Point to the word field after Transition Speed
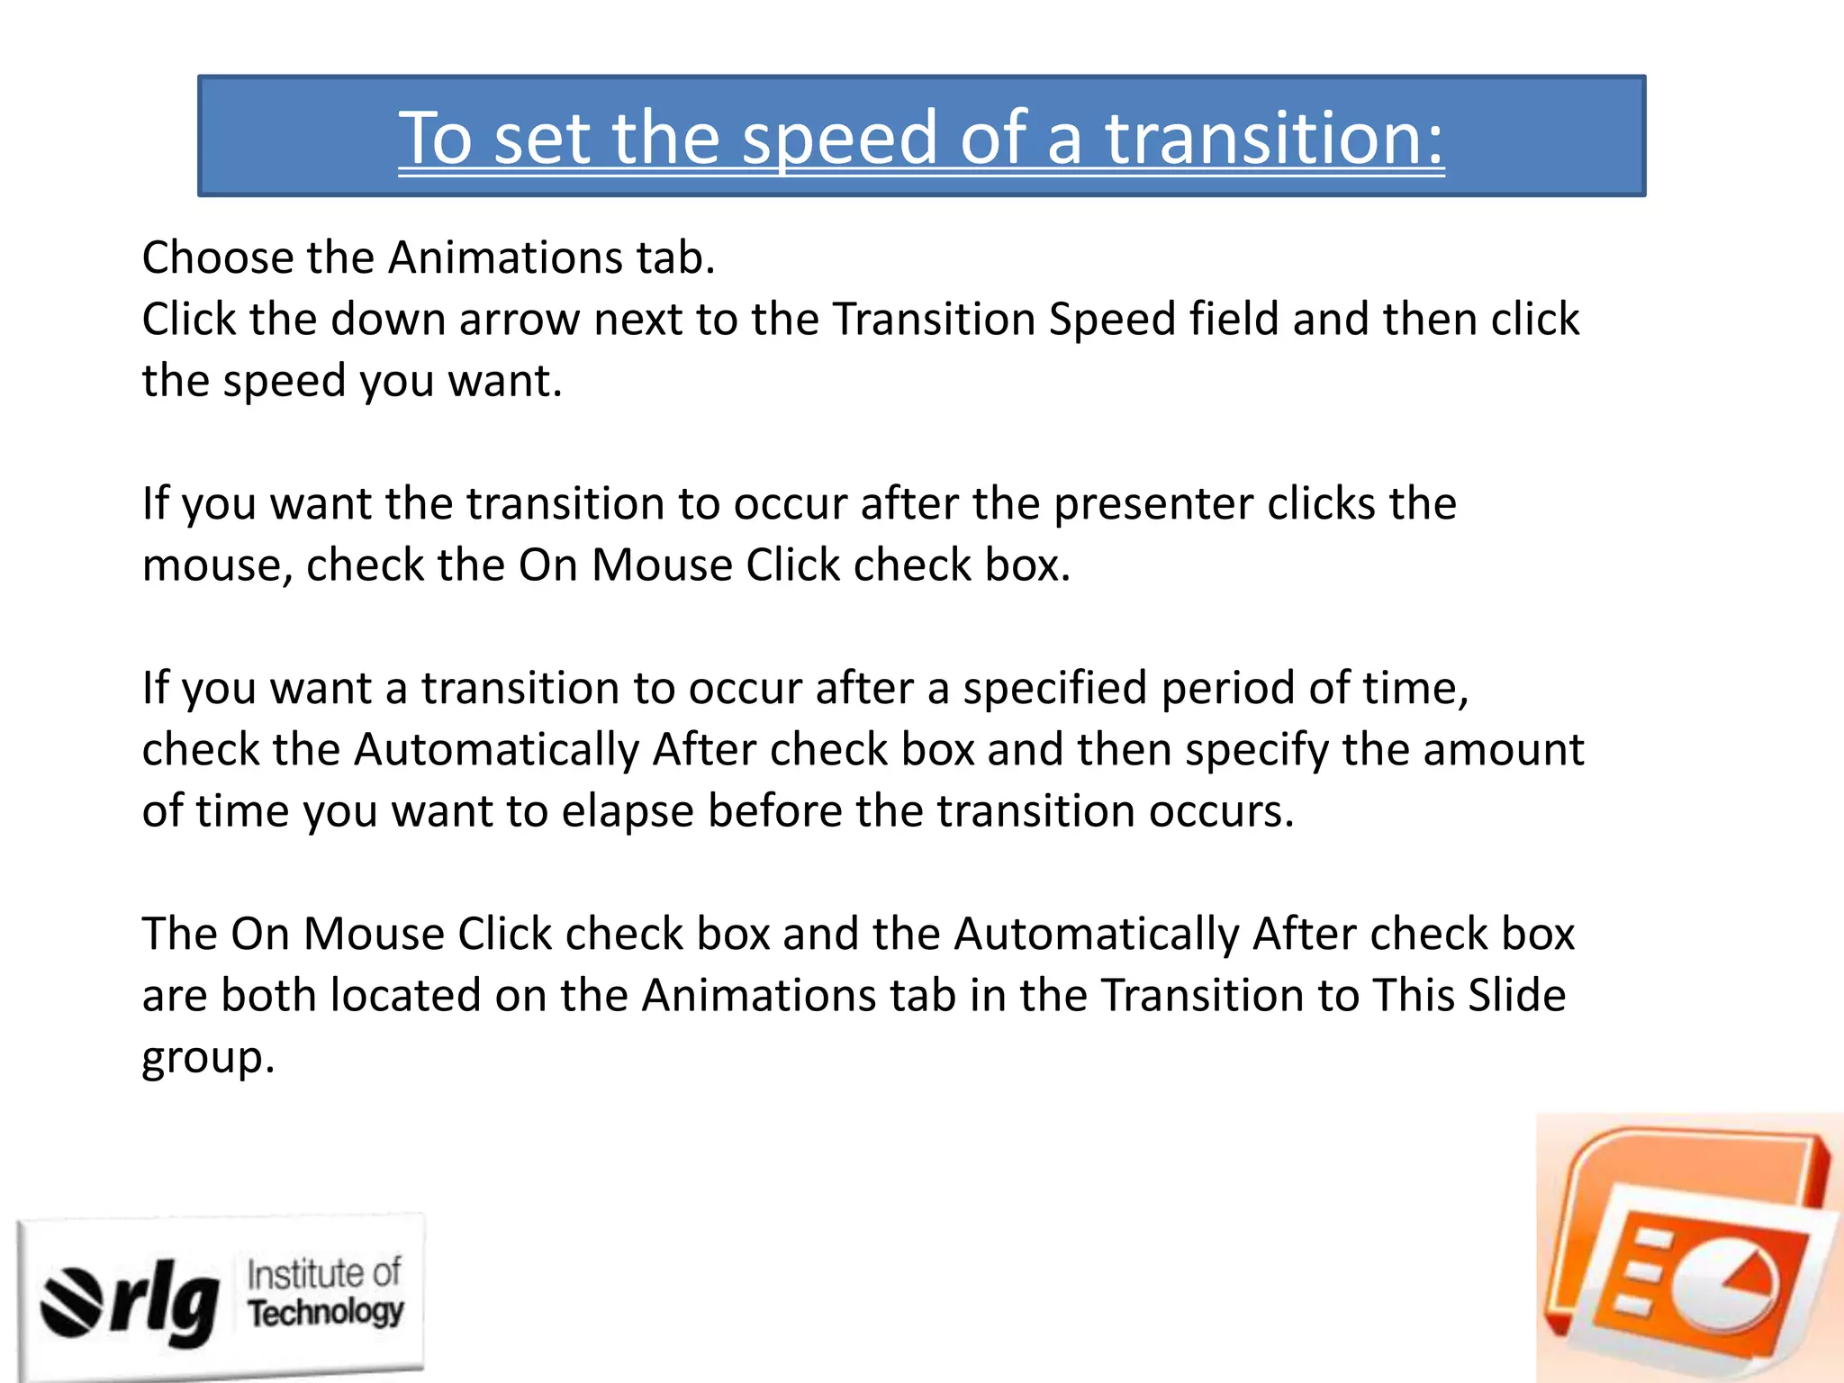1234,320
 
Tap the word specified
1054,688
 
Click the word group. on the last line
208,1058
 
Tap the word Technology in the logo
326,1313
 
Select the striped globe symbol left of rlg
72,1301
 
